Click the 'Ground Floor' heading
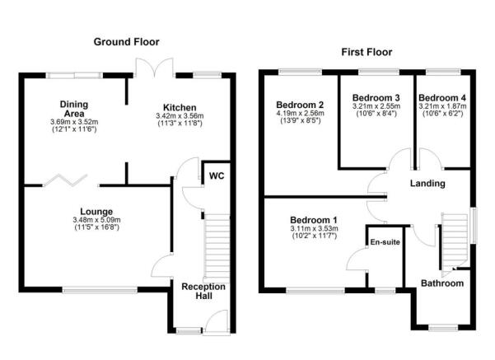tap(126, 41)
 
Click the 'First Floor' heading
tap(366, 52)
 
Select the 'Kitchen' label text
tap(180, 108)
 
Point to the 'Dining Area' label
tap(73, 109)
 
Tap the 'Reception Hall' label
tap(203, 292)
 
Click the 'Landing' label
tap(427, 183)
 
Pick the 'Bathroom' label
tap(443, 283)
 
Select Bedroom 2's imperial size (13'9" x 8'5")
tap(298, 121)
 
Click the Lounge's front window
tap(100, 288)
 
